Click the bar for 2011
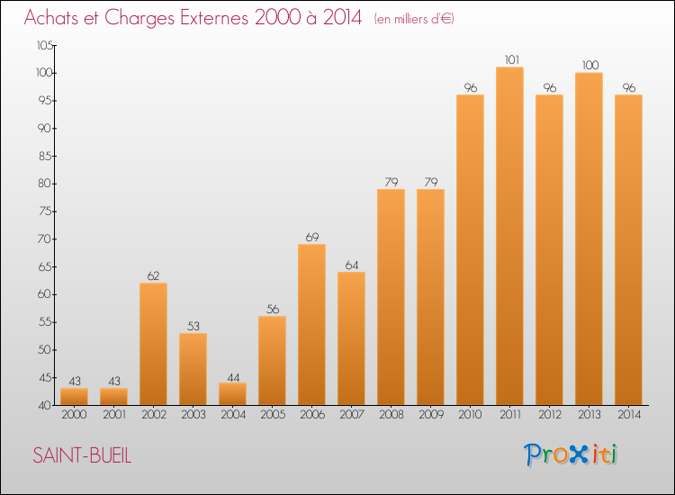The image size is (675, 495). tap(509, 236)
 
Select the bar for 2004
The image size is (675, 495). tap(232, 394)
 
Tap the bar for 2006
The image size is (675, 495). tap(311, 325)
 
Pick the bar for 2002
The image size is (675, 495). tap(153, 344)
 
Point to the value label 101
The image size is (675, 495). tap(511, 59)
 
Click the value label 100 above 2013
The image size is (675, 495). tap(590, 66)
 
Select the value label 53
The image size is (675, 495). tap(193, 327)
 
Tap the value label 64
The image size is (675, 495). tap(352, 265)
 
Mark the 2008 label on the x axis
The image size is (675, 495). tap(391, 415)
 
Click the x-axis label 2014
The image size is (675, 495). tap(629, 415)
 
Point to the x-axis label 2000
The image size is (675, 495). tap(74, 415)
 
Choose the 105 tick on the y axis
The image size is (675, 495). tap(45, 45)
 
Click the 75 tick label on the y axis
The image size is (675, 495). tap(45, 211)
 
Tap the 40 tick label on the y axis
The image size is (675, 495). tap(45, 406)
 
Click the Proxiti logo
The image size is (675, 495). tap(571, 454)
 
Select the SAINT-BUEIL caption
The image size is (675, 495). tap(82, 455)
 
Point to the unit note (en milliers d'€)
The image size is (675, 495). tap(414, 20)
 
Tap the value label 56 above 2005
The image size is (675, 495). tap(273, 310)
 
